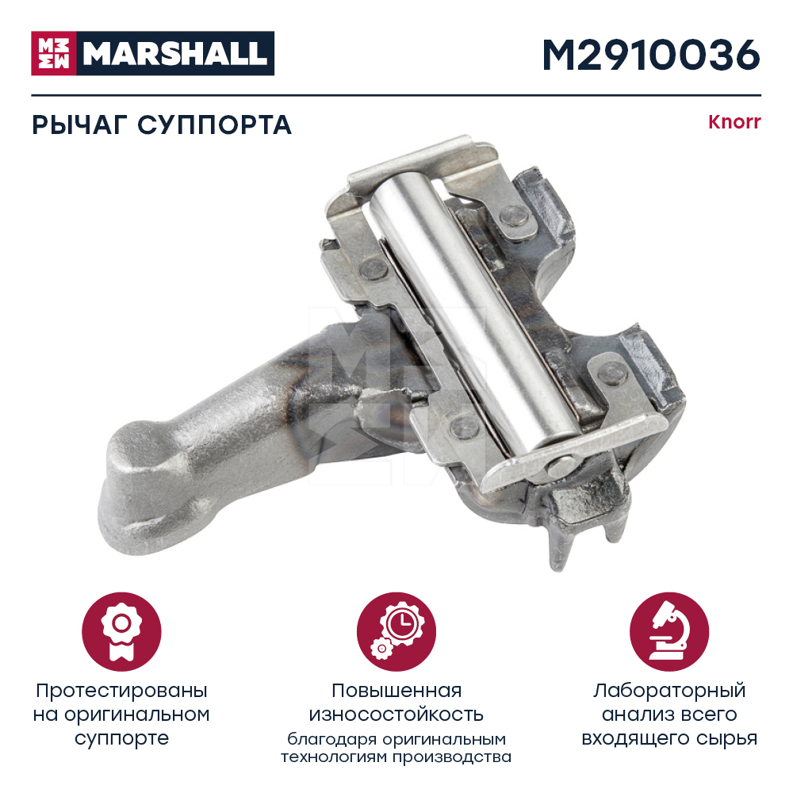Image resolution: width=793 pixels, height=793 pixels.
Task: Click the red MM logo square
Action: tap(54, 53)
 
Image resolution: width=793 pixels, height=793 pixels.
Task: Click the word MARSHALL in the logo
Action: tap(175, 54)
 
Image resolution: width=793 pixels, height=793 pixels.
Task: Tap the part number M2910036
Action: tap(651, 55)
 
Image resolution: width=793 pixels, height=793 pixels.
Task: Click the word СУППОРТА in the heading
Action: tap(214, 125)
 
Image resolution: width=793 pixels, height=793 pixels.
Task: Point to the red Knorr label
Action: tap(734, 122)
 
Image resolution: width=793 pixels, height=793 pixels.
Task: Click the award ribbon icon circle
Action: tap(121, 632)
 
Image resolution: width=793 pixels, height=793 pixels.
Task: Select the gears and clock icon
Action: tap(396, 632)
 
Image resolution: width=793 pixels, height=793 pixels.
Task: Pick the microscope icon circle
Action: tap(669, 632)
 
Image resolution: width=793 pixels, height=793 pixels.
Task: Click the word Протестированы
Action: tap(121, 691)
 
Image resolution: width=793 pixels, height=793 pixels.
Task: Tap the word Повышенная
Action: tap(396, 691)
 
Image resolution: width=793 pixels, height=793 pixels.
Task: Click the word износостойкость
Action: tap(396, 714)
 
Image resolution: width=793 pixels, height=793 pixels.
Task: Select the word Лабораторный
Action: tap(669, 691)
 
